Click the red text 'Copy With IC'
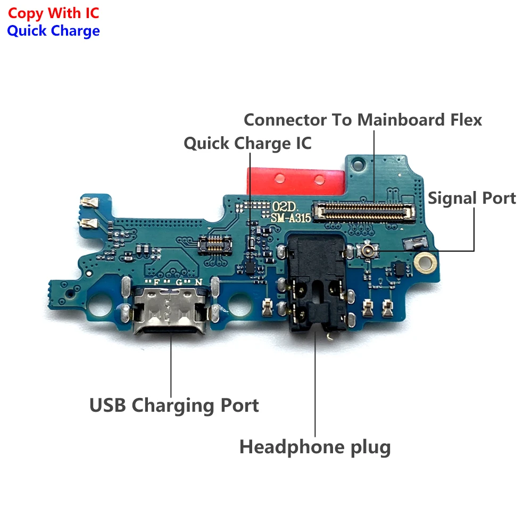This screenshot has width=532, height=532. pyautogui.click(x=54, y=14)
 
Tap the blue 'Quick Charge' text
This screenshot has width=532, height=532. pyautogui.click(x=54, y=31)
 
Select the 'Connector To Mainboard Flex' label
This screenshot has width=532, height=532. pyautogui.click(x=363, y=120)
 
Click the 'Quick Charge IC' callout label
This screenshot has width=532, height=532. pyautogui.click(x=248, y=143)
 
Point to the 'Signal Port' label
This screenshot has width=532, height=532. pyautogui.click(x=471, y=198)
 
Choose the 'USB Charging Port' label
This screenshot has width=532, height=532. pyautogui.click(x=174, y=406)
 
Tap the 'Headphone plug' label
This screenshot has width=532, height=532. pyautogui.click(x=315, y=447)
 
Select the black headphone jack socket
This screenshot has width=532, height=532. pyautogui.click(x=316, y=283)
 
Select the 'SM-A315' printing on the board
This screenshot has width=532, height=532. pyautogui.click(x=291, y=218)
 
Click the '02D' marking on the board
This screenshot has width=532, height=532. pyautogui.click(x=284, y=206)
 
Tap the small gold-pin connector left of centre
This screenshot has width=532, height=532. pyautogui.click(x=215, y=244)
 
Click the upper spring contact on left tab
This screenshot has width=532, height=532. pyautogui.click(x=89, y=203)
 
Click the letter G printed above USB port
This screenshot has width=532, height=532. pyautogui.click(x=179, y=282)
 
